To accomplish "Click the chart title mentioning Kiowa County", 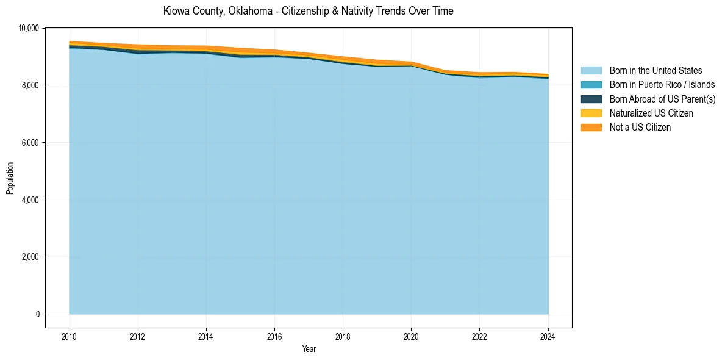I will [308, 11].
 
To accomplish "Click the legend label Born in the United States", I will [655, 71].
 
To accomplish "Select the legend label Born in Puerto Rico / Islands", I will [662, 85].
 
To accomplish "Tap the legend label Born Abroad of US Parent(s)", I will [662, 99].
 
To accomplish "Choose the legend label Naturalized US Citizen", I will [651, 113].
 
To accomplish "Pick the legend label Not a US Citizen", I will [640, 128].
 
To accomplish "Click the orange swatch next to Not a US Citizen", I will [591, 128].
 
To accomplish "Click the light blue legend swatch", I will [591, 71].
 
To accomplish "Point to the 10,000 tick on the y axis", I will [29, 28].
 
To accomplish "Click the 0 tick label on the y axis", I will [37, 314].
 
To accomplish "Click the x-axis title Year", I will [309, 349].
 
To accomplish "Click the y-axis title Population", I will [10, 178].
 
